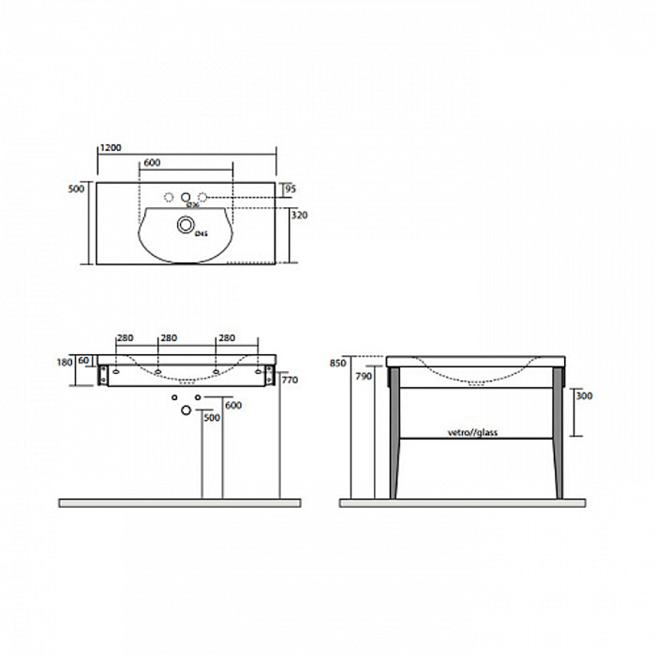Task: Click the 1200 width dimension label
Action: coord(111,148)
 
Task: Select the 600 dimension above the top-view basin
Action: coord(152,163)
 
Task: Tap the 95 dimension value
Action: coord(291,189)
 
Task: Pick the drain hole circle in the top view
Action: coord(186,225)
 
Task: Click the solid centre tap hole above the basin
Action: coord(186,198)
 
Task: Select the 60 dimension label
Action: coord(83,360)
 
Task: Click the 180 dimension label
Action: coord(64,360)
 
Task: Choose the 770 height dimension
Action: coord(290,380)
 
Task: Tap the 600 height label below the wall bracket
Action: coord(233,405)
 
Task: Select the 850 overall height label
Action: coord(338,363)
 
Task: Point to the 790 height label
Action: coord(364,377)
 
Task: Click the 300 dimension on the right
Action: coord(582,395)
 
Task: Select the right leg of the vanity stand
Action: coord(559,431)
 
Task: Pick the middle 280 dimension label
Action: coord(169,338)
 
